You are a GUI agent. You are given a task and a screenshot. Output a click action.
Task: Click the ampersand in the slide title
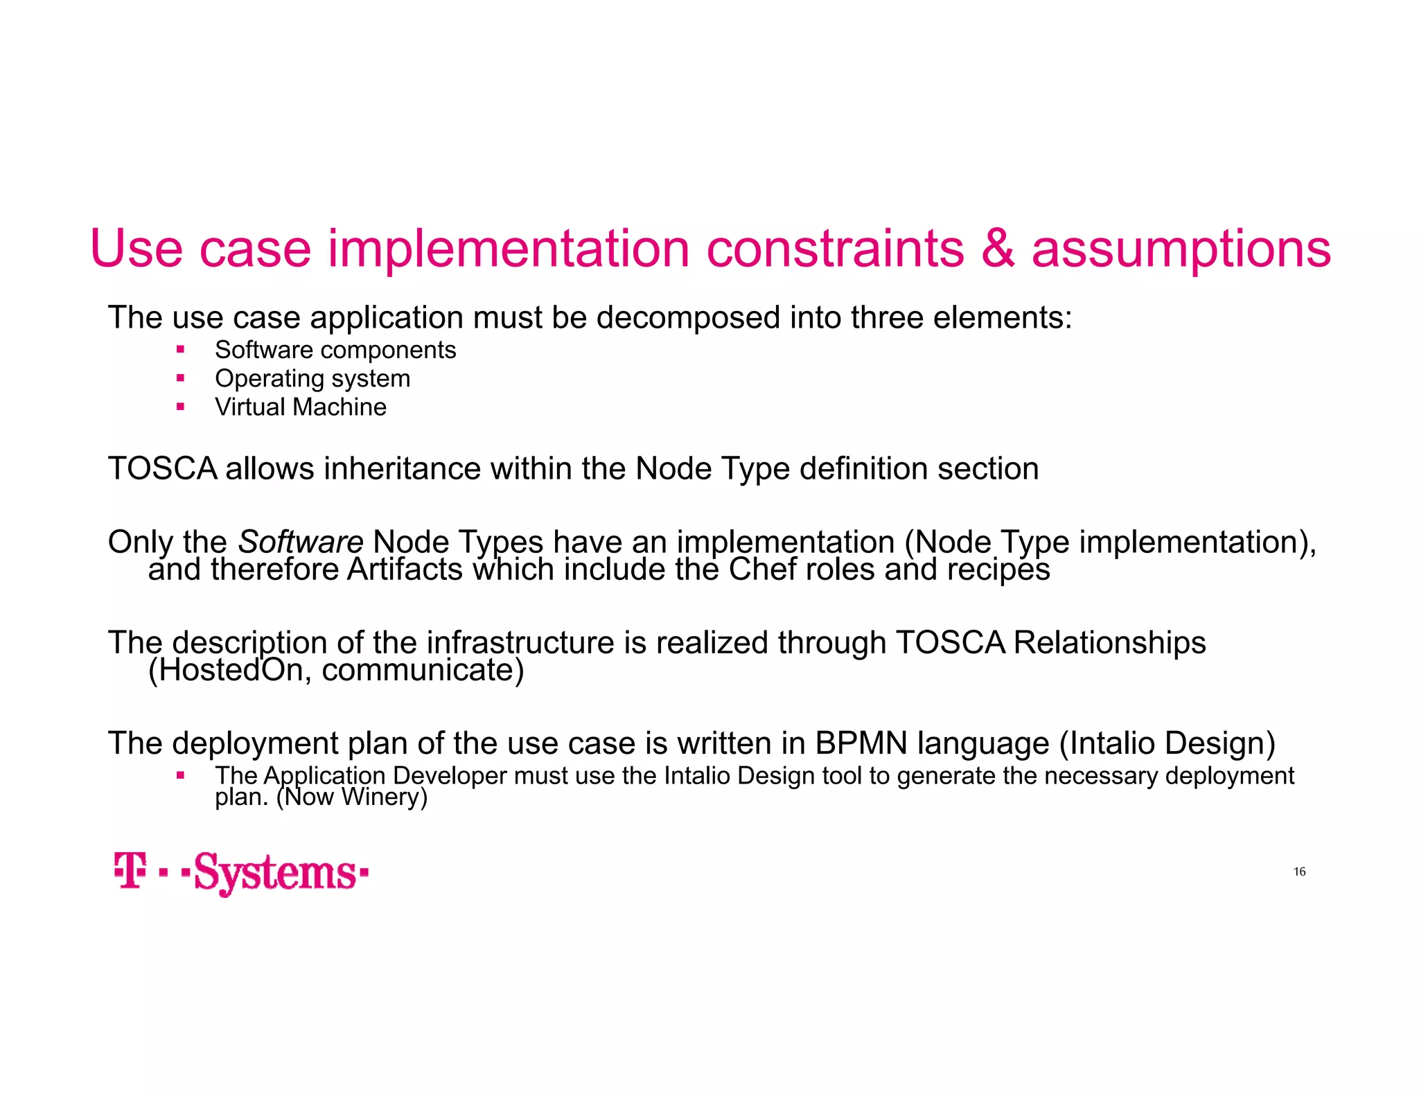point(998,249)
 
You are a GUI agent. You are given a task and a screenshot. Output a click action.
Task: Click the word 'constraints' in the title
point(835,249)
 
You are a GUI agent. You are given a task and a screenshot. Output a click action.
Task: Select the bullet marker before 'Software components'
point(181,350)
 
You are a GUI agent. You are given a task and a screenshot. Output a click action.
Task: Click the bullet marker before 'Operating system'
point(181,378)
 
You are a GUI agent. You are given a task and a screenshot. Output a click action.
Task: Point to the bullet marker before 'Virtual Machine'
point(181,407)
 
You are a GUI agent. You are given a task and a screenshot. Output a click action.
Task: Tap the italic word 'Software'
point(300,542)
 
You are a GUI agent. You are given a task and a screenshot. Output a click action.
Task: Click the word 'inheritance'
point(402,469)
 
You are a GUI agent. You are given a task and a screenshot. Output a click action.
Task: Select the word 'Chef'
point(759,569)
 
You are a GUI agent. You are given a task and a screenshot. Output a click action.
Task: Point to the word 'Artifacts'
point(405,569)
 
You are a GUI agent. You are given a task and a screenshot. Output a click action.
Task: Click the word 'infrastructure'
point(520,643)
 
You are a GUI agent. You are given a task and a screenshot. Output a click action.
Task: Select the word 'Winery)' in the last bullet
point(384,797)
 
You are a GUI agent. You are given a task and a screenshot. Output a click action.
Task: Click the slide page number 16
point(1299,872)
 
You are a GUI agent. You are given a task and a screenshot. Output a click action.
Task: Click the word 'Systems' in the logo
point(276,873)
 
